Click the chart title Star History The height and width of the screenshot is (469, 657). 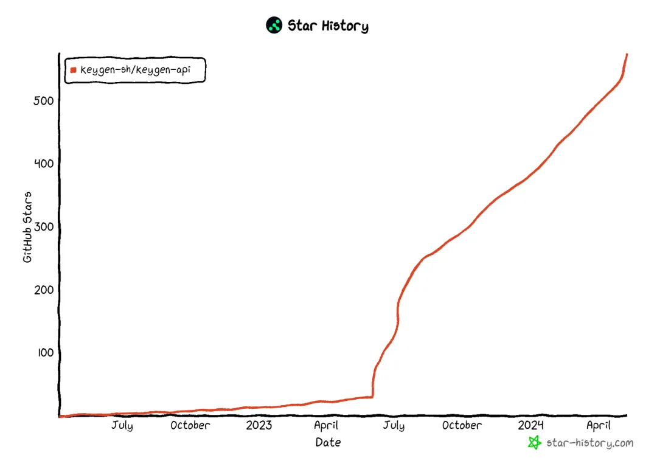click(328, 26)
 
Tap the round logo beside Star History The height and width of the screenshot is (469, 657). click(274, 26)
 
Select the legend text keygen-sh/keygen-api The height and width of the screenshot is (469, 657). click(135, 70)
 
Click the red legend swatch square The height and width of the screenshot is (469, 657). click(74, 70)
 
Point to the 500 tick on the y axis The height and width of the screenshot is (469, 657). click(44, 100)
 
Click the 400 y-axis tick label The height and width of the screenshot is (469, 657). click(44, 163)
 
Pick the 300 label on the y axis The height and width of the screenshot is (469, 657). click(44, 226)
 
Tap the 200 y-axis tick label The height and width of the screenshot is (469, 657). click(44, 290)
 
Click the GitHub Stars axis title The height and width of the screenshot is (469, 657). click(27, 227)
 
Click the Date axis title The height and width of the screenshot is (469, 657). click(328, 443)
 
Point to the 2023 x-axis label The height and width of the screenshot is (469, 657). click(259, 425)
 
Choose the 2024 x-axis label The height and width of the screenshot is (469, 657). click(531, 425)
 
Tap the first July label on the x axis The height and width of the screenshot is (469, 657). click(122, 425)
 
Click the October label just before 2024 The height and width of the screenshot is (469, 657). click(462, 425)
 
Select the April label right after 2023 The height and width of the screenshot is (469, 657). click(326, 425)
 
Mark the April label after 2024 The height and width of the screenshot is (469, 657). click(598, 425)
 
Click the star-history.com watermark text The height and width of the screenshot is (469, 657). click(589, 443)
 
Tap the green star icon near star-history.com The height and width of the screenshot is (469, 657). click(534, 443)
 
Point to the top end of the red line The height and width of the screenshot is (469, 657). click(627, 55)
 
